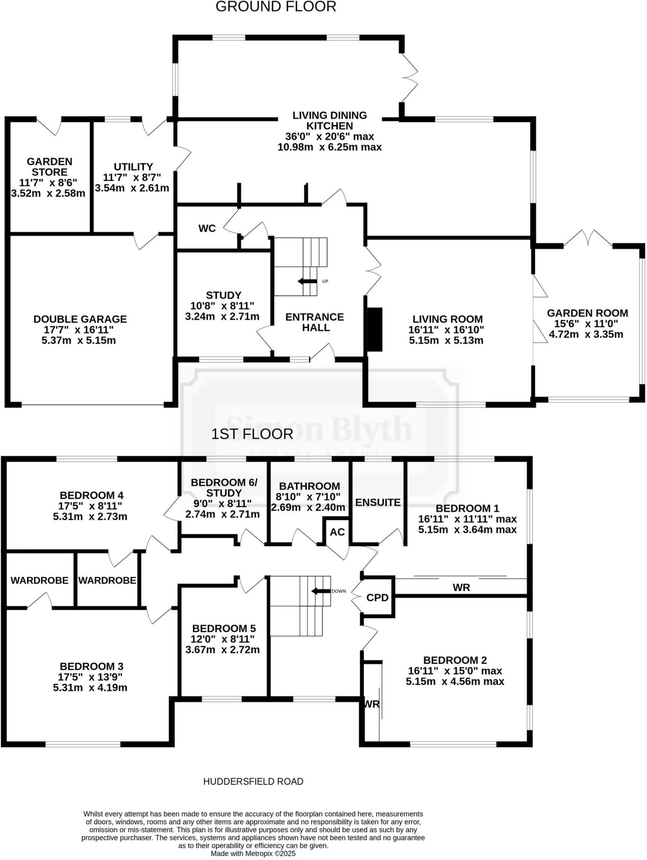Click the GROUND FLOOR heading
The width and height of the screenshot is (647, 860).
276,7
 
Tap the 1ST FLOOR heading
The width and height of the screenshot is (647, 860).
252,434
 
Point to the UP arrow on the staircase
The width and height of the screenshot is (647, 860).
307,281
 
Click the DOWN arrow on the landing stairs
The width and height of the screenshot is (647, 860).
320,591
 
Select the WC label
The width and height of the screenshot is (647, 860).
207,228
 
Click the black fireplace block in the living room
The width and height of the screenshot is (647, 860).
375,329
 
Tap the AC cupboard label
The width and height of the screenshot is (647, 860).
337,532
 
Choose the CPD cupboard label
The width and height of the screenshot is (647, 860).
377,598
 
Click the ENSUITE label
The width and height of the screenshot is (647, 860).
378,502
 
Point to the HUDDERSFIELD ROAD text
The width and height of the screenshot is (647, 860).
253,781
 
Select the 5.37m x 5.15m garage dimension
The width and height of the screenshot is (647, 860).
79,340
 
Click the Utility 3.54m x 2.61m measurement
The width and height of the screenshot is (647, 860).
132,188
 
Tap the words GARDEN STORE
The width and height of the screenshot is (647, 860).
50,167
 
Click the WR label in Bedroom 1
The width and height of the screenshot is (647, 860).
461,587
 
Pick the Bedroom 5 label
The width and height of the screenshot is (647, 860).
224,629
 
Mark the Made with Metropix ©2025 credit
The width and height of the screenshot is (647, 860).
253,853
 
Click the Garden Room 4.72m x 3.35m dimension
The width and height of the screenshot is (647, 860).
586,334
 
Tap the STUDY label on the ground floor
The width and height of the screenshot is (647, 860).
223,295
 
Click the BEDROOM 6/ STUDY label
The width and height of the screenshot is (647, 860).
224,488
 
